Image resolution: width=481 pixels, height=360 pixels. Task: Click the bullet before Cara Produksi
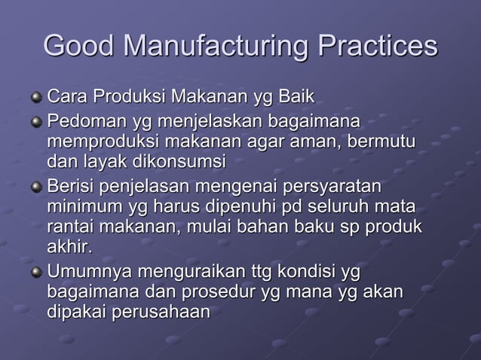[36, 97]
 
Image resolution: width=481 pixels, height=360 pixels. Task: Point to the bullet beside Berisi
[36, 185]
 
